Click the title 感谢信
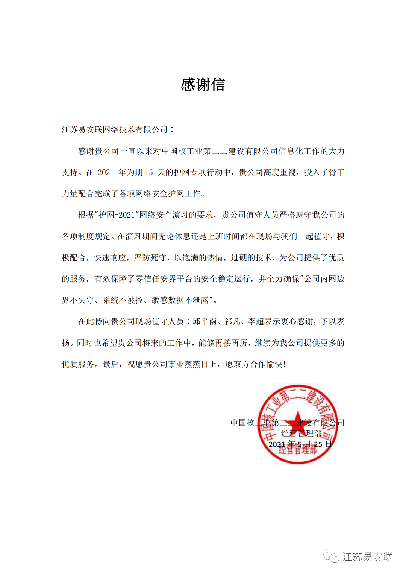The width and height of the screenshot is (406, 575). click(203, 85)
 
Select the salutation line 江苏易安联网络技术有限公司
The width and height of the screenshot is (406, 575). click(115, 130)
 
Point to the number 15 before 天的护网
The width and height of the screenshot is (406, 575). click(149, 172)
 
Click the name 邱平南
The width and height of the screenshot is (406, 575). click(205, 321)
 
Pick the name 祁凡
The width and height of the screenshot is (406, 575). click(232, 321)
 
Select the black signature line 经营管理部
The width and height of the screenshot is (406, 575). click(301, 434)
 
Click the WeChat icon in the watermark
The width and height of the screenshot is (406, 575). click(332, 557)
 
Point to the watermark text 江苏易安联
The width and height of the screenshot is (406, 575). click(367, 557)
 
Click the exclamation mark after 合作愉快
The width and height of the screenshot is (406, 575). click(284, 364)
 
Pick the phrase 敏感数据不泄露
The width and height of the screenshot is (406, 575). click(180, 300)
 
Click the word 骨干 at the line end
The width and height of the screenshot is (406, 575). click(336, 172)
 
